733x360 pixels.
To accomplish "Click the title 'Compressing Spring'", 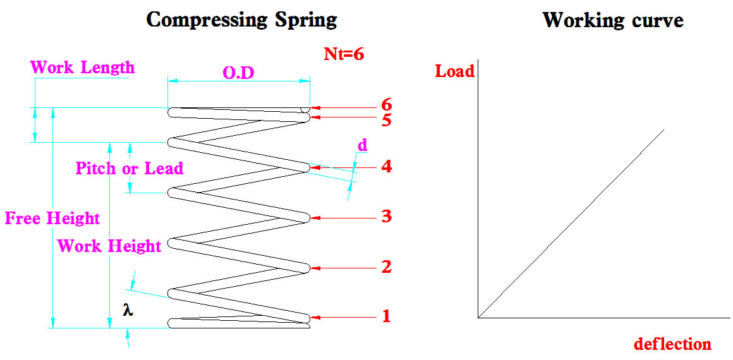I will tap(241, 20).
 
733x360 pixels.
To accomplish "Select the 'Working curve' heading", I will tap(612, 20).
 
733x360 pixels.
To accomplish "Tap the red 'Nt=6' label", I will tap(344, 54).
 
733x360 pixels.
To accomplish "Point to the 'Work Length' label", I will tap(82, 67).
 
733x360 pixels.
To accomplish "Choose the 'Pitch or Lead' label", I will tap(129, 169).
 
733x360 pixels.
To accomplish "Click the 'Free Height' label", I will tap(52, 219).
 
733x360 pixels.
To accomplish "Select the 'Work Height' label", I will tap(109, 246).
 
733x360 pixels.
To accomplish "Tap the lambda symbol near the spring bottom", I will tap(128, 311).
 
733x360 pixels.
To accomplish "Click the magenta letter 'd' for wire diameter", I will tap(362, 145).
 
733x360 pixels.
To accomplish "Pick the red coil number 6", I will tap(387, 105).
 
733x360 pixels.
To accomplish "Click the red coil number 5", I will tap(387, 119).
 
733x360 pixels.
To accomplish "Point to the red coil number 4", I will tap(386, 167).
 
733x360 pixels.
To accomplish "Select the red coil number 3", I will tap(386, 217).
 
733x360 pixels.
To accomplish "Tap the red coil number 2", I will tap(386, 267).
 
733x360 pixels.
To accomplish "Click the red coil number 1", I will tap(386, 316).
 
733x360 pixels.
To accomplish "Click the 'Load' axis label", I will tap(454, 71).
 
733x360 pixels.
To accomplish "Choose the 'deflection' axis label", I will tap(672, 344).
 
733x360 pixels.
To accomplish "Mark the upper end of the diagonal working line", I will tap(663, 129).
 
